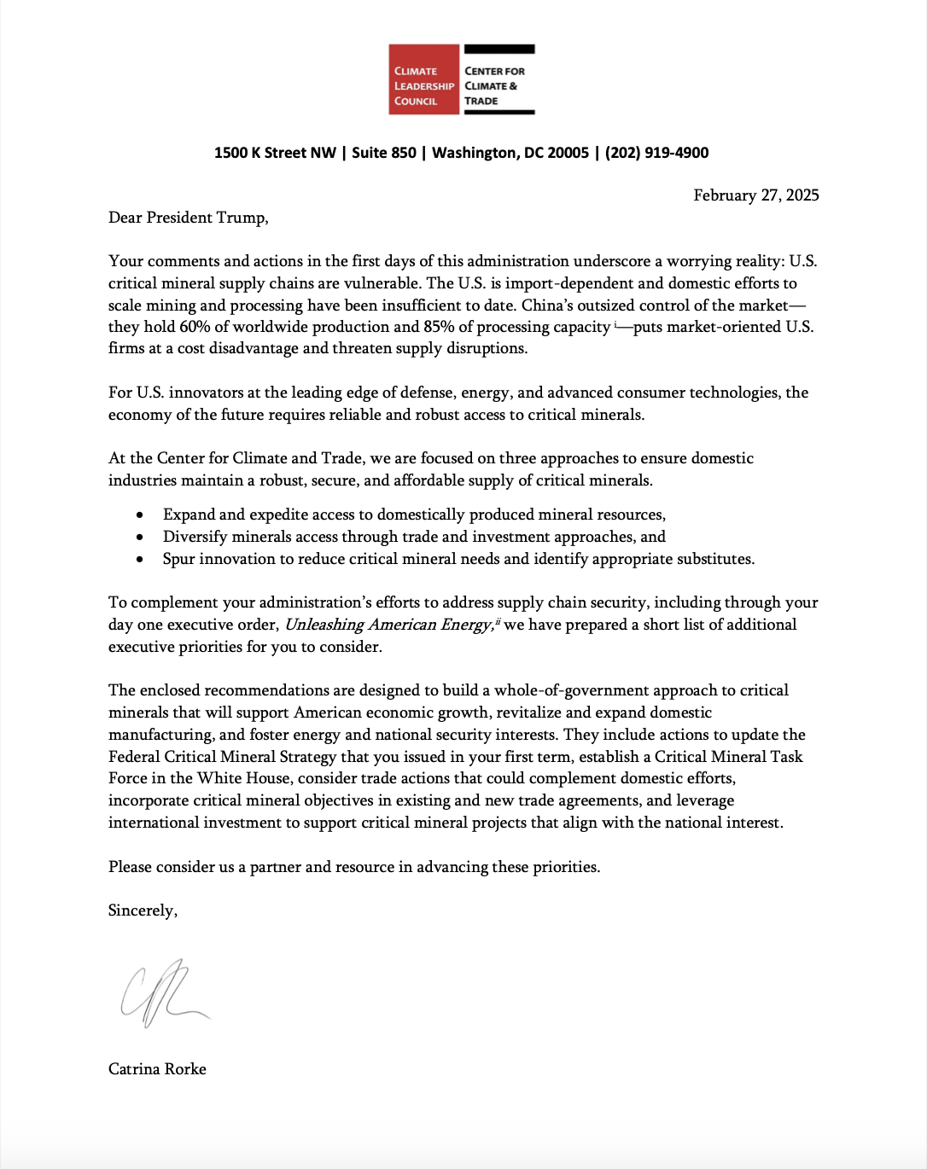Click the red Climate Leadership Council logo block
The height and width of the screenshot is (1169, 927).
[424, 79]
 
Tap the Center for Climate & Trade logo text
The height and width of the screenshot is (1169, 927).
[495, 85]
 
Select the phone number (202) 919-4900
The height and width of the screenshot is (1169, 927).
[656, 153]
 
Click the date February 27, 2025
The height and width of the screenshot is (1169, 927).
[755, 195]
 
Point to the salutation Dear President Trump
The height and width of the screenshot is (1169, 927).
[188, 218]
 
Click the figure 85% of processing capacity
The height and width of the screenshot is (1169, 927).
[439, 327]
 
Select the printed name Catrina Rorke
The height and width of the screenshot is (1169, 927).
[157, 1069]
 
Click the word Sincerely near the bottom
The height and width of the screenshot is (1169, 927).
[143, 910]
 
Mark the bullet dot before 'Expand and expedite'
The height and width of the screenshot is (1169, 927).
[140, 515]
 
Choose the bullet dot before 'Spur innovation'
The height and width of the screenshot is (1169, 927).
[140, 560]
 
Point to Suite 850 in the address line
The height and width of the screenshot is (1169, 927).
[384, 153]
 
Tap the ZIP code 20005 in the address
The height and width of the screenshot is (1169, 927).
[568, 153]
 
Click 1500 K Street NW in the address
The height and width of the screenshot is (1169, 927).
[275, 153]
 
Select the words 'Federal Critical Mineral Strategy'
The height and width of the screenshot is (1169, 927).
[222, 757]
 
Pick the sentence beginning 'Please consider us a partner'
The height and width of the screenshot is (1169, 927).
[354, 867]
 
